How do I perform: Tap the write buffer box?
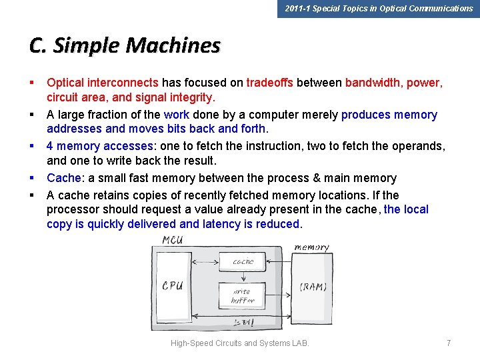click(243, 295)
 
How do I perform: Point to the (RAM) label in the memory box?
click(313, 287)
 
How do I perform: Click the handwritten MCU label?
click(172, 240)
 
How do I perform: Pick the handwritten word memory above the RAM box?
click(312, 247)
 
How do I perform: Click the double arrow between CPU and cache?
click(207, 263)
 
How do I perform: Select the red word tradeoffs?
click(270, 83)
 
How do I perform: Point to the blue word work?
click(176, 115)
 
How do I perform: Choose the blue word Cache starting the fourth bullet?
click(63, 178)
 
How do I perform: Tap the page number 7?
click(449, 343)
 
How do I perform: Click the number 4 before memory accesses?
click(50, 146)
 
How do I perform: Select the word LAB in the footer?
click(301, 343)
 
